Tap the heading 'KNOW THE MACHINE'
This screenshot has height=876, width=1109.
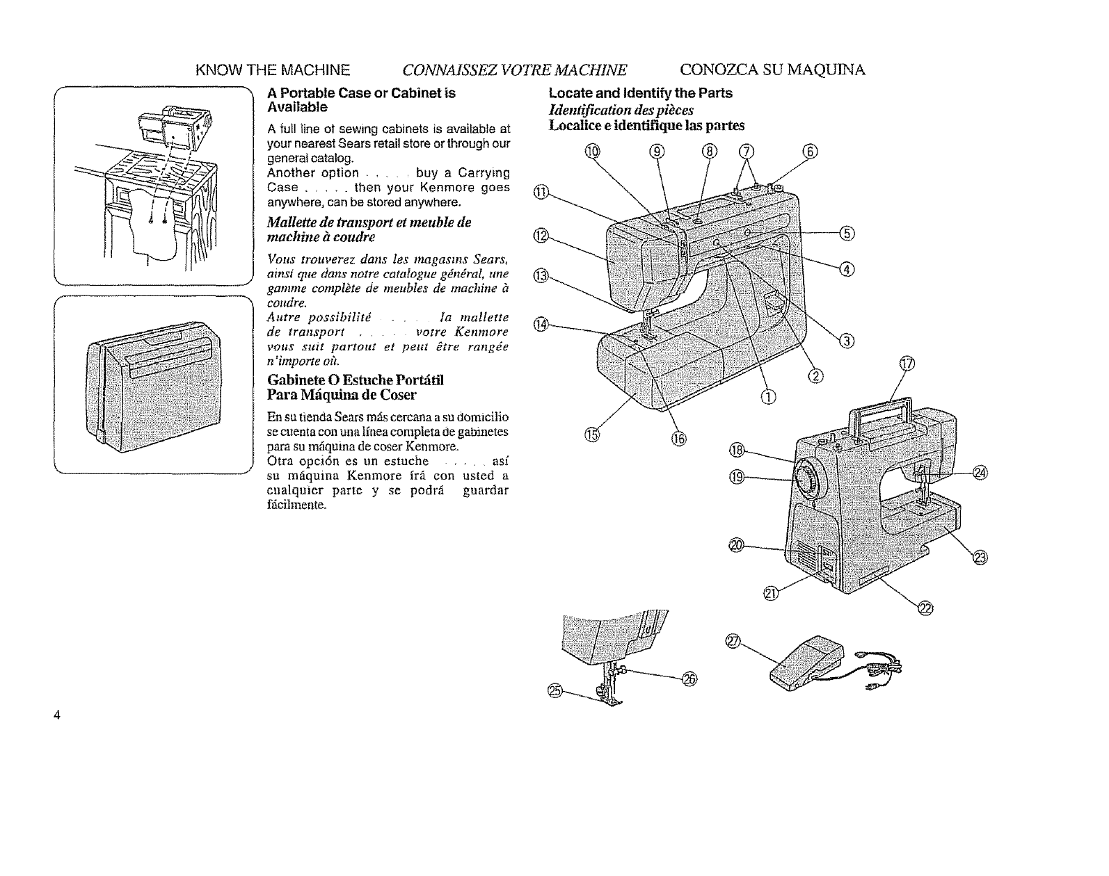pyautogui.click(x=273, y=70)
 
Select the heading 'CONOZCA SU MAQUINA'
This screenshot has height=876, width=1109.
pyautogui.click(x=772, y=70)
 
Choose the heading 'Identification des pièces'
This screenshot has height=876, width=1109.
pyautogui.click(x=621, y=110)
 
